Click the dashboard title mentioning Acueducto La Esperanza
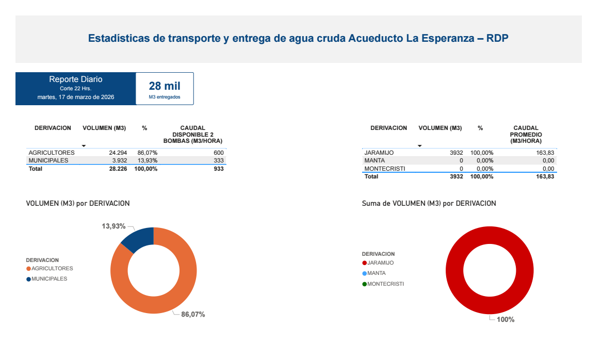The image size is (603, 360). pyautogui.click(x=298, y=39)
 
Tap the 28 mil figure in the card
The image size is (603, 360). pyautogui.click(x=165, y=86)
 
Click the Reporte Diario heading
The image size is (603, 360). pyautogui.click(x=76, y=79)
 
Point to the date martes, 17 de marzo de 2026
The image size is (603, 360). pyautogui.click(x=76, y=97)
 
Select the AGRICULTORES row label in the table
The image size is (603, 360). pyautogui.click(x=52, y=153)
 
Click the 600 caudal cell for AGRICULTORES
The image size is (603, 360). pyautogui.click(x=219, y=153)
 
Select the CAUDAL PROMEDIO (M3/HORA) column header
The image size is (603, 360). pyautogui.click(x=526, y=134)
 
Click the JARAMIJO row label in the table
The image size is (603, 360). pyautogui.click(x=379, y=153)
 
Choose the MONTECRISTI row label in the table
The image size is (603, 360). pyautogui.click(x=385, y=169)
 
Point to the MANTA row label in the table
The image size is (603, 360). pyautogui.click(x=374, y=161)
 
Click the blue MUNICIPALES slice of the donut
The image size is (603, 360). pyautogui.click(x=139, y=238)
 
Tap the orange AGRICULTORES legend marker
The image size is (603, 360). pyautogui.click(x=28, y=269)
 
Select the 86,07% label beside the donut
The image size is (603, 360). pyautogui.click(x=193, y=315)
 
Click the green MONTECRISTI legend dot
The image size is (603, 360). pyautogui.click(x=365, y=284)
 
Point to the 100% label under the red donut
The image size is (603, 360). pyautogui.click(x=506, y=320)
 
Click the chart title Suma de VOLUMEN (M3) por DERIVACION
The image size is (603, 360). pyautogui.click(x=429, y=204)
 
